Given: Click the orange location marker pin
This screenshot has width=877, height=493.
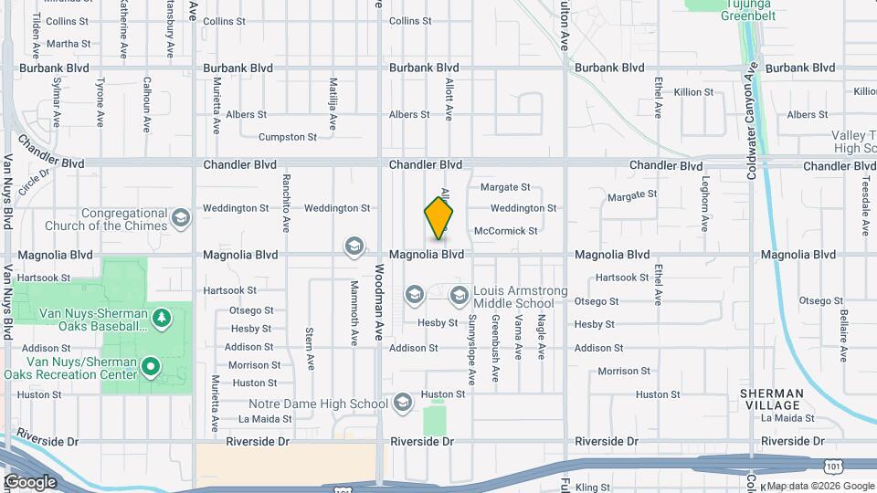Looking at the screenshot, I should pos(438,218).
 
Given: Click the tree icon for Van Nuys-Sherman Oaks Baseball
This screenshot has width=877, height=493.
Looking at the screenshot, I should pos(162,317).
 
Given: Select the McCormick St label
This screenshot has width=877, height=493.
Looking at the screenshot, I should pos(506,231).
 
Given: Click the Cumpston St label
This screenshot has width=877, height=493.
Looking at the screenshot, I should pos(288,137).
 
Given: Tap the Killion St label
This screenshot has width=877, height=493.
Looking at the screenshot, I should pos(693,92).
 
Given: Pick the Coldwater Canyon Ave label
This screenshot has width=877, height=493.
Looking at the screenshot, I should pos(753,119).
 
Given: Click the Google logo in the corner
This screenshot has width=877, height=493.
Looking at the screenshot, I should pos(30,481).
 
